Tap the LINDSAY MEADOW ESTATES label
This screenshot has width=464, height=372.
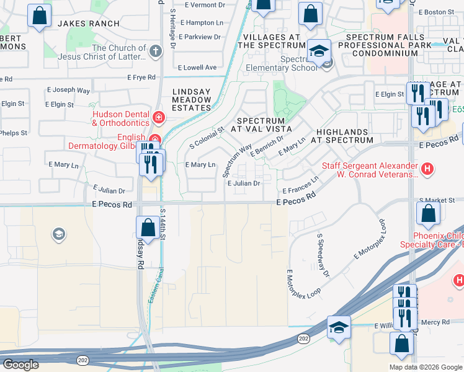192,100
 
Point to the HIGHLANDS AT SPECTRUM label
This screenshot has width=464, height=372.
344,136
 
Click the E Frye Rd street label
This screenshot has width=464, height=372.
141,77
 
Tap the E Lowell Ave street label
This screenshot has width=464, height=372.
197,68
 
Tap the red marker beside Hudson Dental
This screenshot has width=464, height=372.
159,117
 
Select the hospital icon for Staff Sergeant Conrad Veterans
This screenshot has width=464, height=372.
426,168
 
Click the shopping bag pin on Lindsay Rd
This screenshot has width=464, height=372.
147,226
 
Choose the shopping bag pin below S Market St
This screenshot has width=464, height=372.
429,213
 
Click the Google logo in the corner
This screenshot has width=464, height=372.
21,365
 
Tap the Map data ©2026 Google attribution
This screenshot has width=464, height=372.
426,367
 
